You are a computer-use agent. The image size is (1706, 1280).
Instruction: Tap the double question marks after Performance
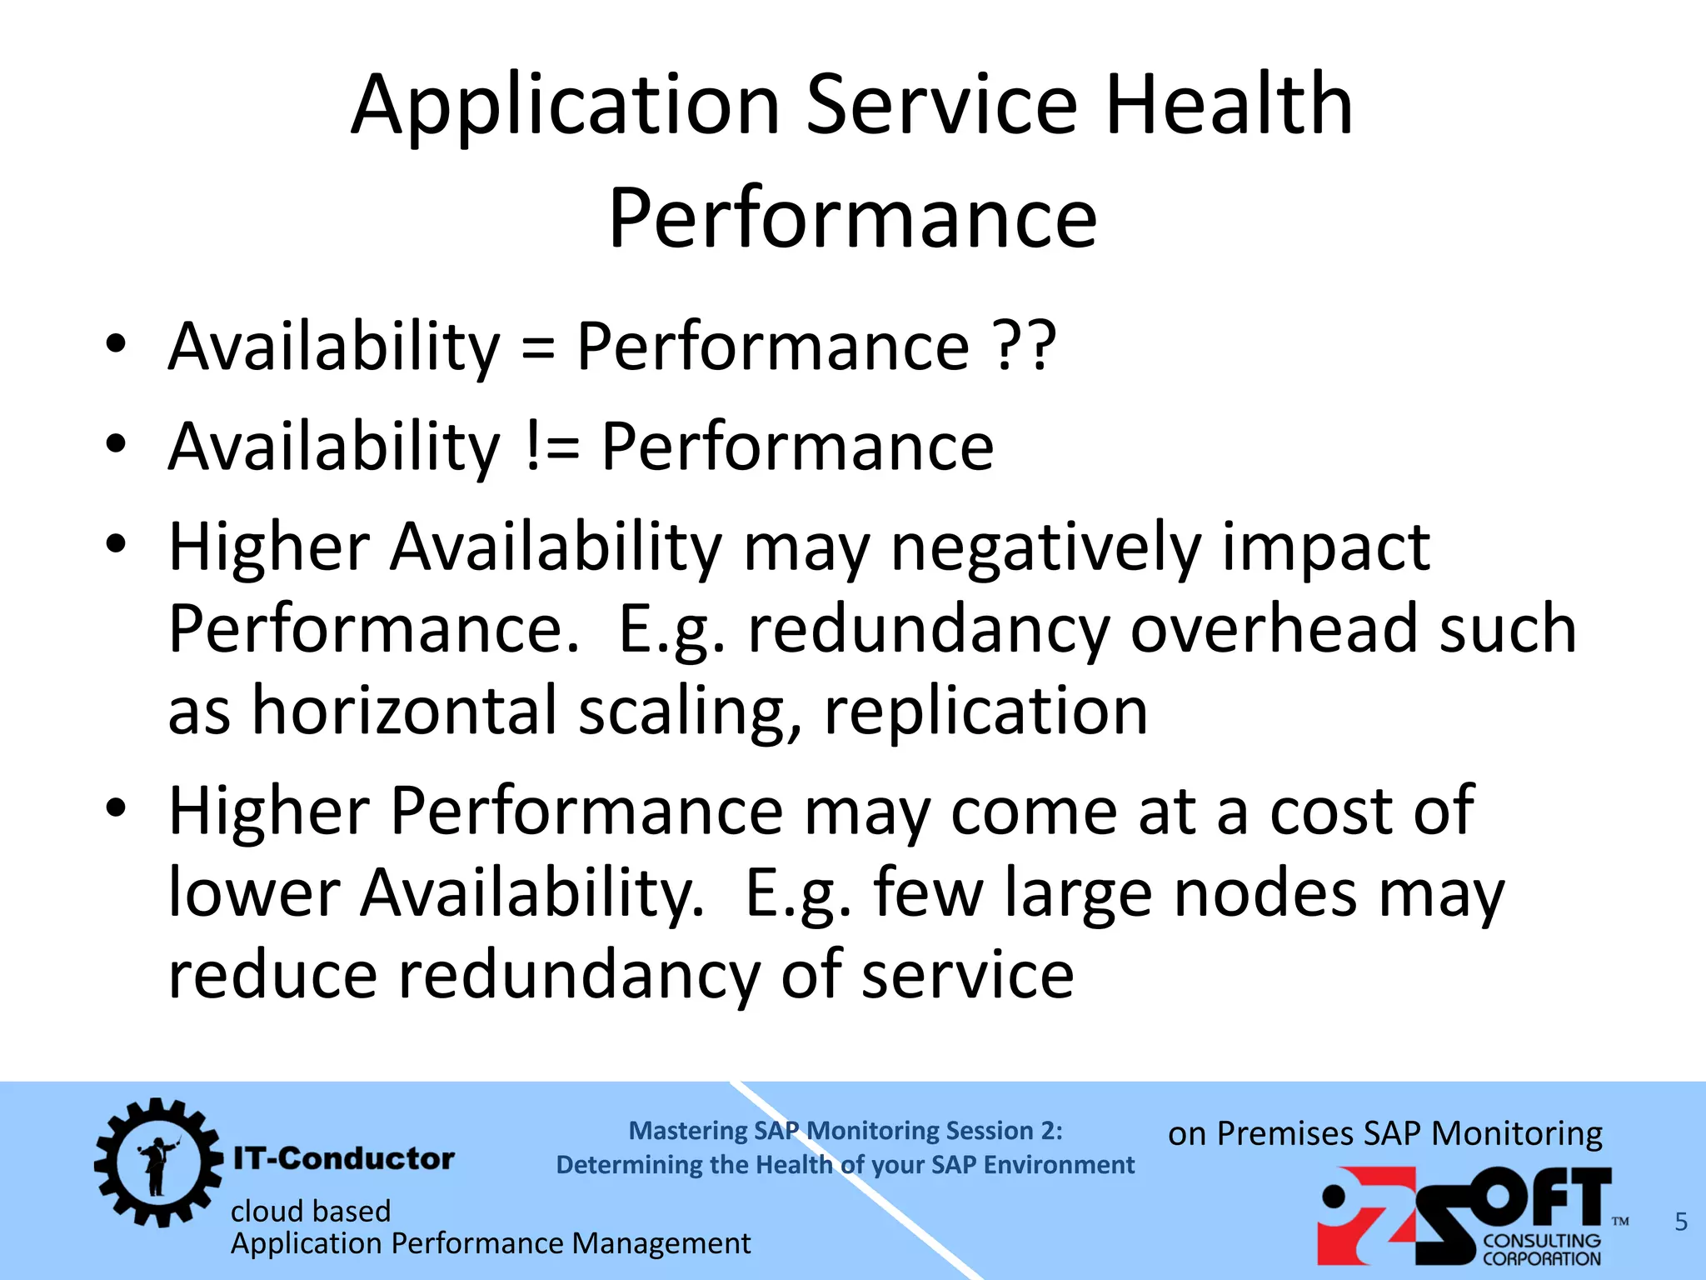1025,346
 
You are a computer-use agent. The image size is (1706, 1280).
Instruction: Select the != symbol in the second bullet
553,446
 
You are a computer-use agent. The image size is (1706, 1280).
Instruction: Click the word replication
985,712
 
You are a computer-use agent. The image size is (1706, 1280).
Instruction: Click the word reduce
272,974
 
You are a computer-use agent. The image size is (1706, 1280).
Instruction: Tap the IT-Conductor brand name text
343,1158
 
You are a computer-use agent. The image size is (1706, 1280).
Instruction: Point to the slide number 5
1681,1222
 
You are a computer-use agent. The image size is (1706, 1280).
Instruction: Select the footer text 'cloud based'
311,1211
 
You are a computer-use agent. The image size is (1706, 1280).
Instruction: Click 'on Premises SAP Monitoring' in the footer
1384,1134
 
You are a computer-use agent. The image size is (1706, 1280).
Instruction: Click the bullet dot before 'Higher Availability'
116,544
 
